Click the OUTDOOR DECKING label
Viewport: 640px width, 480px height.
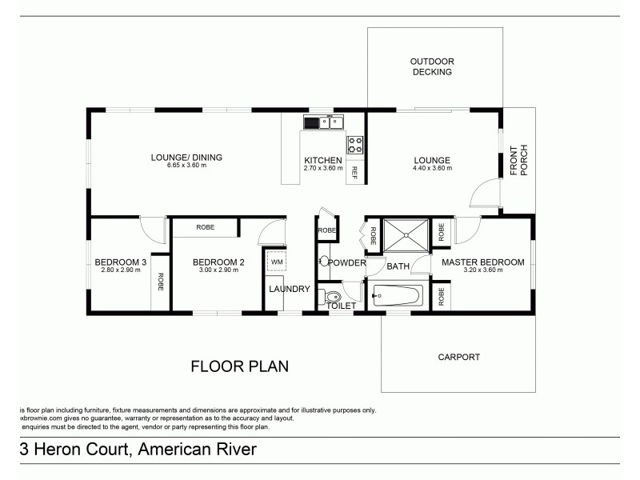[x=431, y=66]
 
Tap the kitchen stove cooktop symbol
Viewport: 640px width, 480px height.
[x=354, y=145]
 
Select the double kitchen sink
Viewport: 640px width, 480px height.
[x=323, y=122]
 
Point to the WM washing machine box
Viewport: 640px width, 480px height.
[x=276, y=262]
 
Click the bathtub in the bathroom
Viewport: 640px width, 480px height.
[x=398, y=298]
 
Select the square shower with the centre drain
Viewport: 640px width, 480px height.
[x=406, y=235]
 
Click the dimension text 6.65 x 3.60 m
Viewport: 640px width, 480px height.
[x=186, y=166]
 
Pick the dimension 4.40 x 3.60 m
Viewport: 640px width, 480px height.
[x=432, y=168]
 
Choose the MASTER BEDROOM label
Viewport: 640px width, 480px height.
[x=482, y=262]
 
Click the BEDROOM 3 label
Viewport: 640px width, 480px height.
[x=120, y=262]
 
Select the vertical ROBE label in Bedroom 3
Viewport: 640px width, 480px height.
[x=161, y=282]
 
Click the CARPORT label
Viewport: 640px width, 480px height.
[x=459, y=358]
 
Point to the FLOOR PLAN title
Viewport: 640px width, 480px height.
[x=238, y=366]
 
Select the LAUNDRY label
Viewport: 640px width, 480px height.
[x=289, y=289]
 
